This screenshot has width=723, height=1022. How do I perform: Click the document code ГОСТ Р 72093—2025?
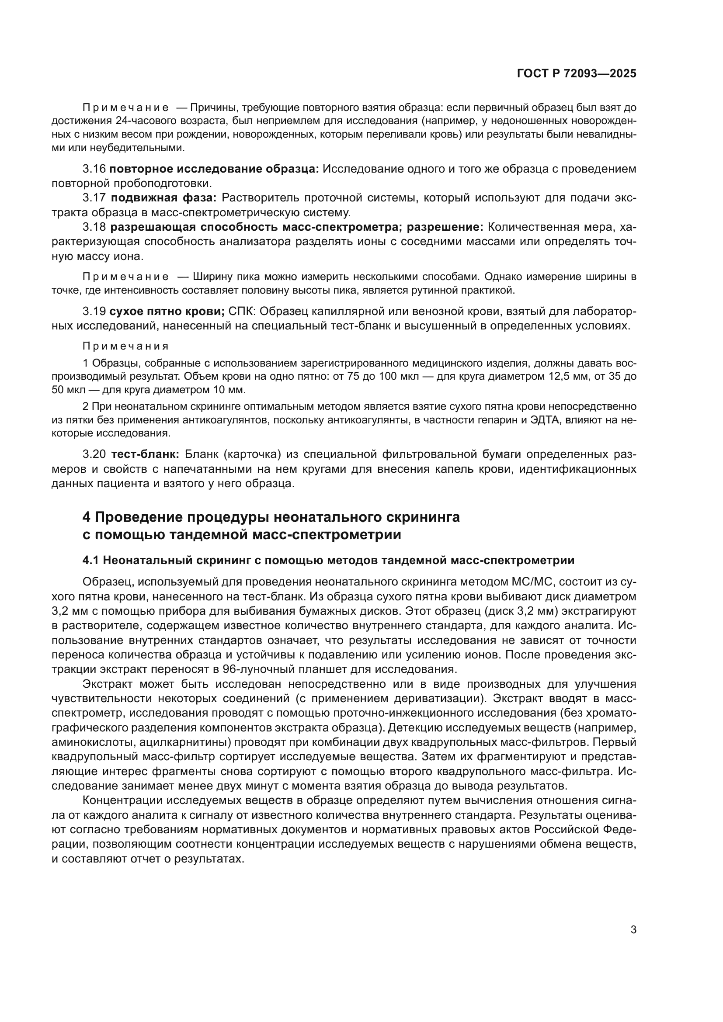tap(576, 74)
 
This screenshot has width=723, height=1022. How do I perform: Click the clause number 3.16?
tap(94, 169)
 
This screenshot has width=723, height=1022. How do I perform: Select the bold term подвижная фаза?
tap(164, 198)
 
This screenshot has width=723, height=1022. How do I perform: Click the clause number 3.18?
tap(94, 228)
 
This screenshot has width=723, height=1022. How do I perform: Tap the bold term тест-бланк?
tap(145, 454)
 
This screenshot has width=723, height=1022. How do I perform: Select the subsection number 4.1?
tap(91, 561)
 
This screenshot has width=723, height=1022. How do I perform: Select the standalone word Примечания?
tap(125, 346)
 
